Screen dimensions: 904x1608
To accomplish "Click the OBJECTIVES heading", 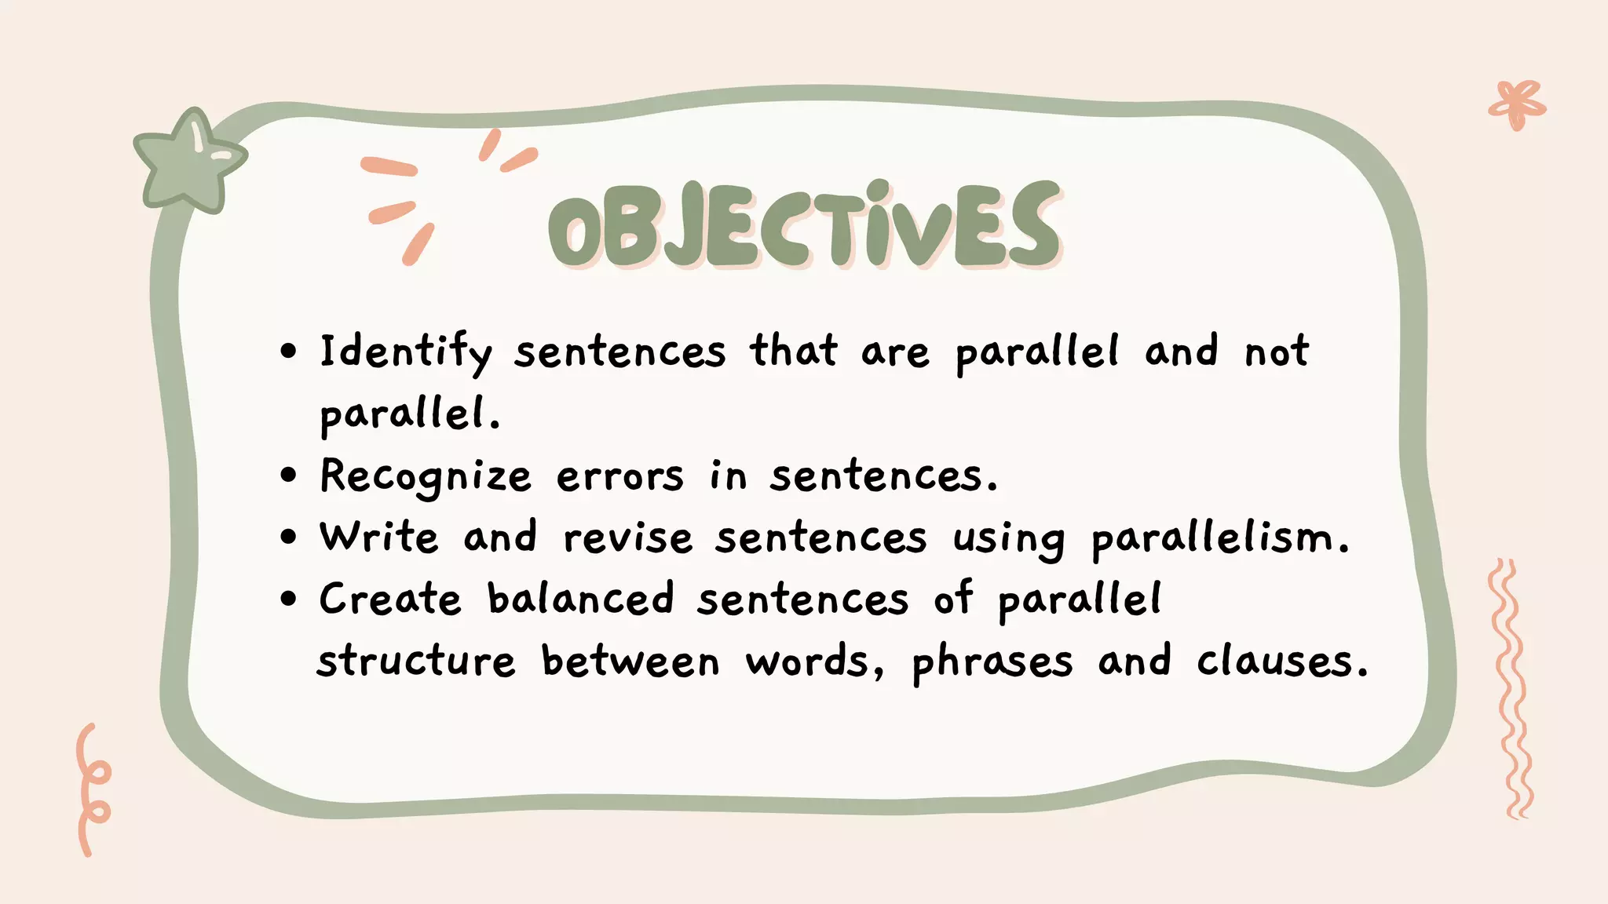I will tap(804, 224).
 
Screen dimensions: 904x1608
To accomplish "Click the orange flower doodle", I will tap(1517, 104).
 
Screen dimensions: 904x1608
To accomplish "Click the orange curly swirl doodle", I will tap(93, 789).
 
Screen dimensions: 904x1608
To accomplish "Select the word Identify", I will tap(405, 352).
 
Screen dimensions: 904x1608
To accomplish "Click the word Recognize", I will tap(426, 476).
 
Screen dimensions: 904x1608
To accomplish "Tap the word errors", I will tap(620, 476).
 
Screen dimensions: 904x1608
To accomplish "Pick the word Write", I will tap(378, 538).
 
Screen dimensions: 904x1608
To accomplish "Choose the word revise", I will tap(628, 538).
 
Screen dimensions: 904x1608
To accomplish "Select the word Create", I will tap(390, 600).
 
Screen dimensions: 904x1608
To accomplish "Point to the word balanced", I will tap(580, 599).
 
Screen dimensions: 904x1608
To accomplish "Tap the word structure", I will tap(416, 661).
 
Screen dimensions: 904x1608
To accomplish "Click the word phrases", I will tap(992, 662).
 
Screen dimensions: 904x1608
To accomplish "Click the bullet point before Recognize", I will tap(290, 476).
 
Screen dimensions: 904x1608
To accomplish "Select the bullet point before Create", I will tap(290, 600).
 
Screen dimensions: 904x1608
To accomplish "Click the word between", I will tap(630, 661).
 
